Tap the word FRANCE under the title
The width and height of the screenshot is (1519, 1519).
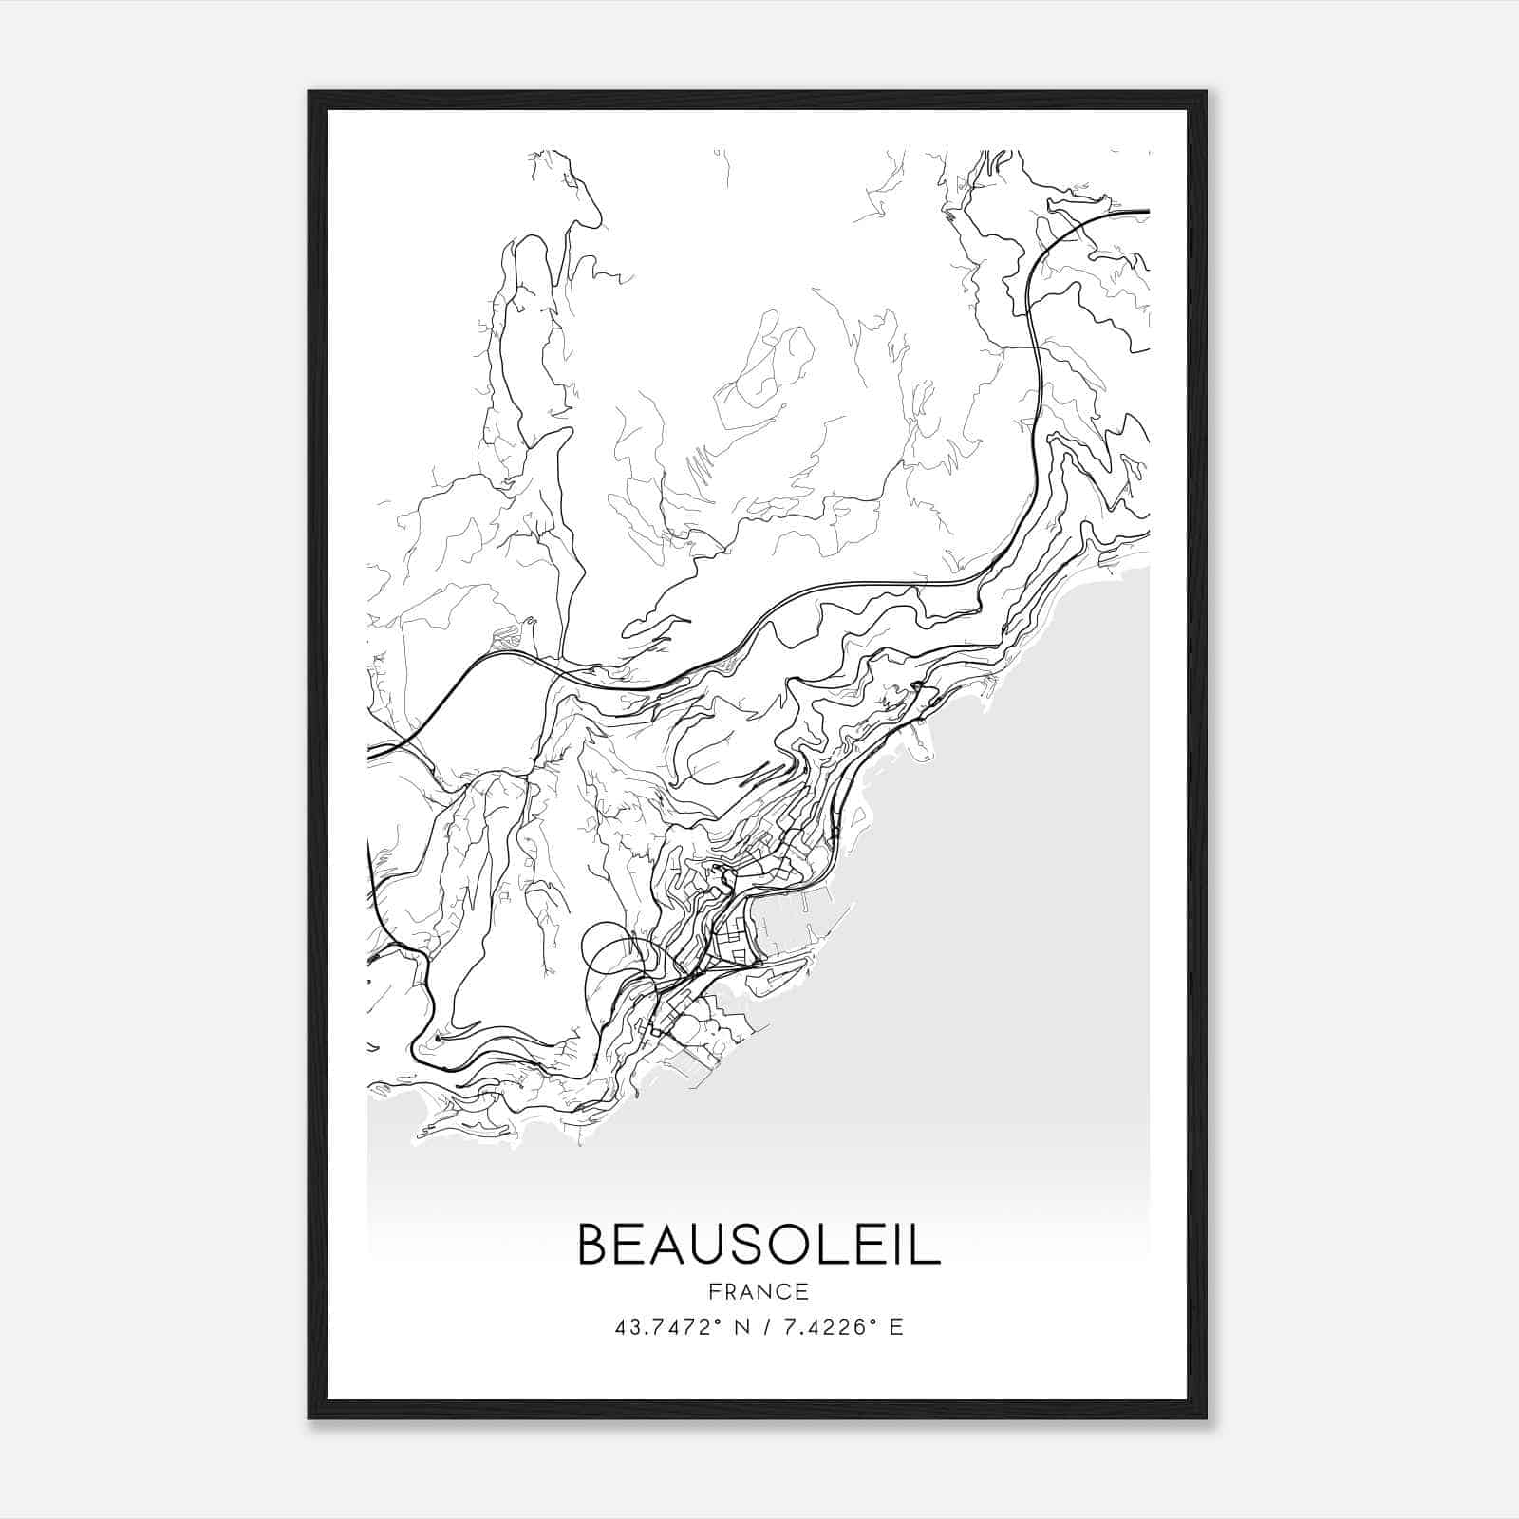pyautogui.click(x=759, y=1291)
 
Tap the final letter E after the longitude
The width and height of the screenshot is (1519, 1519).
pyautogui.click(x=896, y=1326)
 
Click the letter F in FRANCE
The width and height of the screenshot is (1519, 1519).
pyautogui.click(x=714, y=1291)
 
